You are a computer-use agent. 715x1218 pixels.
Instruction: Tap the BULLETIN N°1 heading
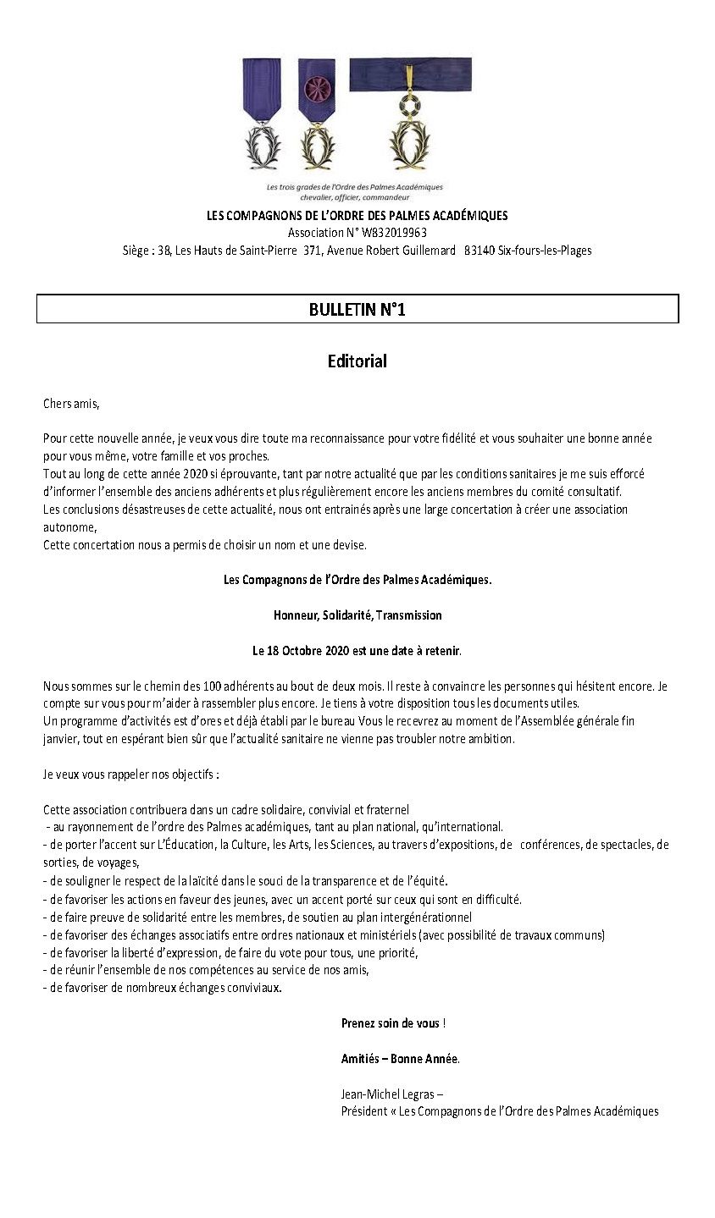click(x=357, y=310)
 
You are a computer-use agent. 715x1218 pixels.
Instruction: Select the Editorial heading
click(x=357, y=361)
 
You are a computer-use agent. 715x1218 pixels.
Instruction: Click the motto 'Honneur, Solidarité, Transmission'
click(x=357, y=615)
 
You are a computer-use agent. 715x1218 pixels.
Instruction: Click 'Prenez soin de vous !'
click(x=393, y=1022)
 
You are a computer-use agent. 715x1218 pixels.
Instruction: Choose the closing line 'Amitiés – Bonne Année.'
click(x=400, y=1058)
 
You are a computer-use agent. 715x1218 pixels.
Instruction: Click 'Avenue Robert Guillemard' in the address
click(x=392, y=251)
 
